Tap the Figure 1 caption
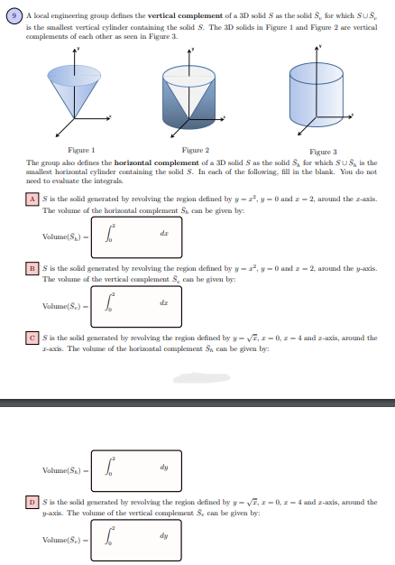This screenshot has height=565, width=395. (x=81, y=149)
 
